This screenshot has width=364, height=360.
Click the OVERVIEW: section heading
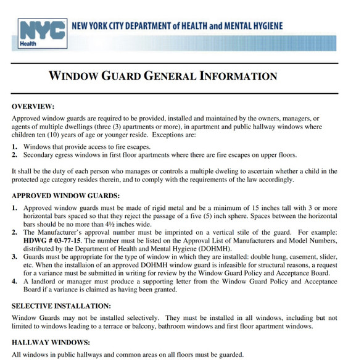coord(33,107)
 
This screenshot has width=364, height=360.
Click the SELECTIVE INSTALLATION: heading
coord(62,306)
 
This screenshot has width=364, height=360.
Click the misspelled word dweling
coord(231,170)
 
